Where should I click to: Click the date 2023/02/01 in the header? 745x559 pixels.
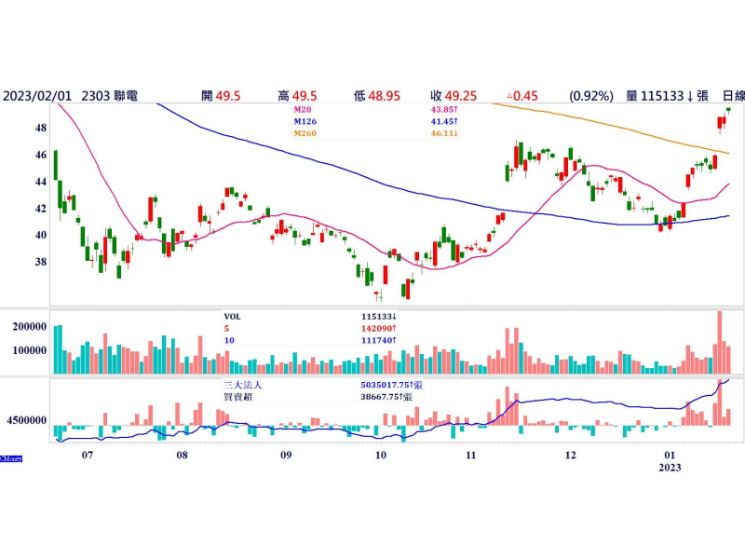point(38,95)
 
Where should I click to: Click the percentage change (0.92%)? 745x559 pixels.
point(591,95)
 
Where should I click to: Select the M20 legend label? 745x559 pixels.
point(305,109)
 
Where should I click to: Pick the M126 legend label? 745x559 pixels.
point(306,121)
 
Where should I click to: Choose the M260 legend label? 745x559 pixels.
point(306,134)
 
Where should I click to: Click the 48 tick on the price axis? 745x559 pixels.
point(41,128)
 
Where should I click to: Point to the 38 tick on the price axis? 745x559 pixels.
point(41,262)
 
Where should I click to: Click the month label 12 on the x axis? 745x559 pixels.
point(570,456)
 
